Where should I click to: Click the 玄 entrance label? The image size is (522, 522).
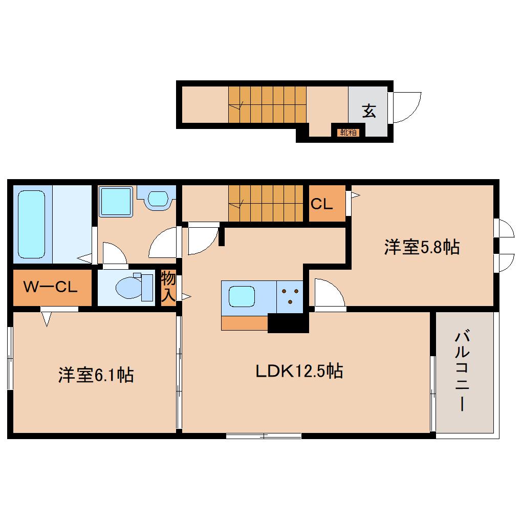368,111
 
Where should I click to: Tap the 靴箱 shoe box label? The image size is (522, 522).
348,133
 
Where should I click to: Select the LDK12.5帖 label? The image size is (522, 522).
299,371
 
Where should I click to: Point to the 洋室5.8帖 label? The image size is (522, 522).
422,248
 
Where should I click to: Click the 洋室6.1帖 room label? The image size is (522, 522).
96,375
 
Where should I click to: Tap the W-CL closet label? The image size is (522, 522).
51,288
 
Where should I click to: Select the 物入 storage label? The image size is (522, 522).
168,288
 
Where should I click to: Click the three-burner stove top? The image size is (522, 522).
290,296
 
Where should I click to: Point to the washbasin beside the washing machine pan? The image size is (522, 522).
159,199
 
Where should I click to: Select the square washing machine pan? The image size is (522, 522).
116,201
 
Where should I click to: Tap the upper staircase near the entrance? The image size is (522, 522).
267,104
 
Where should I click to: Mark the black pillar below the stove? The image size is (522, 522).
289,323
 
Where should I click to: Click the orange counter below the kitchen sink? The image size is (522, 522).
245,323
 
